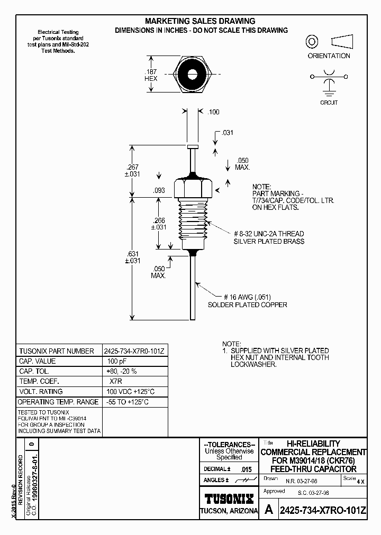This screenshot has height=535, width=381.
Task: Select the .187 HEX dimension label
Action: [x=151, y=75]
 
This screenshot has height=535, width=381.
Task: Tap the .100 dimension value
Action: [x=213, y=112]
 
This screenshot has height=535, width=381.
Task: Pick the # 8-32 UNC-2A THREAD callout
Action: [x=268, y=233]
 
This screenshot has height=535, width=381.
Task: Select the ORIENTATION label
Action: [x=329, y=56]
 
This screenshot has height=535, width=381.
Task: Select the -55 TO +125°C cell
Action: [x=127, y=402]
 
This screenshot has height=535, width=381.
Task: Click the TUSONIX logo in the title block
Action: [x=229, y=498]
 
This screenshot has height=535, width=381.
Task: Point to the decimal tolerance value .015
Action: [x=246, y=469]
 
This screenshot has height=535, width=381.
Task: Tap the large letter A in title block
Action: [x=269, y=510]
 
